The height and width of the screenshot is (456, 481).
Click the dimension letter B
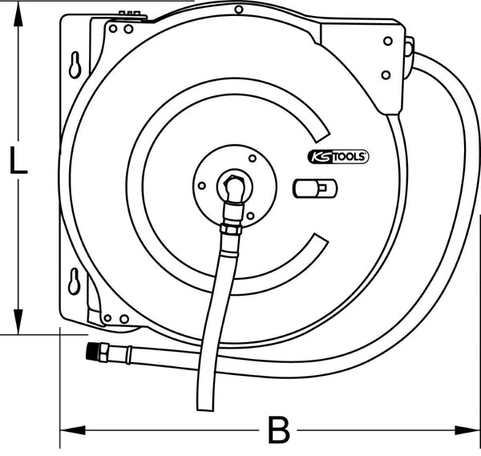278,431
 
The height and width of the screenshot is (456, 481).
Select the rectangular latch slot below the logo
316,189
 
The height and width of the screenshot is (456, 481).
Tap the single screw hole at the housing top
238,10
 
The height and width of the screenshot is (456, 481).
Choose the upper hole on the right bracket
387,40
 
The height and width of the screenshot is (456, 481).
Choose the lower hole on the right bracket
386,75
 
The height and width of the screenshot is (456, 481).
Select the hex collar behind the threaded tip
107,350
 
